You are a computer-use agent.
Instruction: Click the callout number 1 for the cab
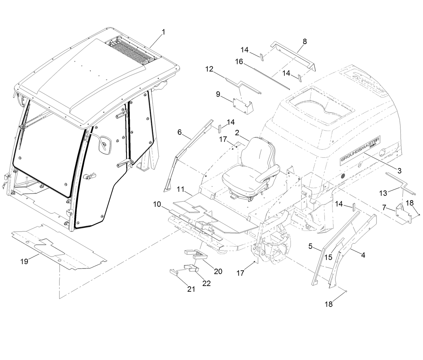[163, 32]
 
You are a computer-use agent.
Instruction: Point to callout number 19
[24, 261]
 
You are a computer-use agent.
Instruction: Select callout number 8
[305, 41]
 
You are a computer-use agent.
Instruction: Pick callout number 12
[209, 69]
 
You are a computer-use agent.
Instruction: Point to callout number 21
[191, 289]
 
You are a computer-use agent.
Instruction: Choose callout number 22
[206, 283]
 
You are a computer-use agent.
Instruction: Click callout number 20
[218, 271]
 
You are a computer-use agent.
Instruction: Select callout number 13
[383, 193]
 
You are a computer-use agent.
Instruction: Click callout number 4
[363, 255]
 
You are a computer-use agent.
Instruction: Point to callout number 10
[157, 204]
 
